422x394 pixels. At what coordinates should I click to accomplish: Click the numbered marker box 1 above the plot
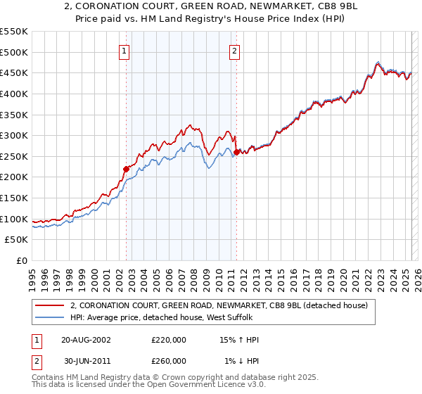tap(124, 50)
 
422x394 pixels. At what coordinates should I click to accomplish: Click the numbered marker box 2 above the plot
tap(234, 50)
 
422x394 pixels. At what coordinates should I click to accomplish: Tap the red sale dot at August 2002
tap(127, 169)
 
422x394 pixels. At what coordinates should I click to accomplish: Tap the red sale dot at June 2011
tap(236, 151)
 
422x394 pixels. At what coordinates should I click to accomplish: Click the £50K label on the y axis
tap(18, 240)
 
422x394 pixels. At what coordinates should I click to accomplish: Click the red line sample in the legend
tap(49, 306)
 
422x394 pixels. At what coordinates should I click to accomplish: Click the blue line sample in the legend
tap(49, 317)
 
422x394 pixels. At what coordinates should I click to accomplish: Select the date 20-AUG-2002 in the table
tap(86, 340)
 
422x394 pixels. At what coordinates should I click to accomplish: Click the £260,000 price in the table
tap(169, 361)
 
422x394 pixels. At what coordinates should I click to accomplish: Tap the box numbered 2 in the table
tap(36, 361)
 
